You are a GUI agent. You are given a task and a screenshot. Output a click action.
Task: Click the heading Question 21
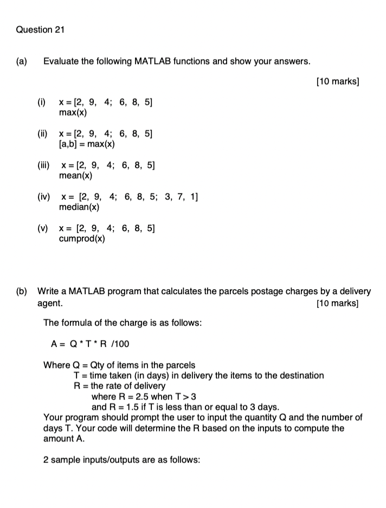point(40,30)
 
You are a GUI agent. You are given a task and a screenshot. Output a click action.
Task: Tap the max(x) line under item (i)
point(73,113)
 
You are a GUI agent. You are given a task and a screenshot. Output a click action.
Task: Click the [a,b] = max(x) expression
point(87,144)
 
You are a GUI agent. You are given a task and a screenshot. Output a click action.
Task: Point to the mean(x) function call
point(76,176)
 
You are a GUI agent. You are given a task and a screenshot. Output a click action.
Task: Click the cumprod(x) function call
point(82,238)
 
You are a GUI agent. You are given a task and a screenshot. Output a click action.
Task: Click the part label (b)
point(22,291)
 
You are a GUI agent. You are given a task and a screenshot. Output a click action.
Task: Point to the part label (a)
point(22,61)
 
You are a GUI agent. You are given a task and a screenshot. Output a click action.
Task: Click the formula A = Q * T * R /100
point(90,344)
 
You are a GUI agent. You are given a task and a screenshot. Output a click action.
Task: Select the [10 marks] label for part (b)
point(337,302)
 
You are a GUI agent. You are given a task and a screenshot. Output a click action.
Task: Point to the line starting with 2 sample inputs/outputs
point(122,460)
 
